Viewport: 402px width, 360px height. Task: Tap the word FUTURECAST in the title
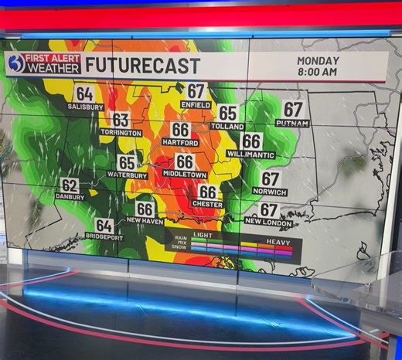click(142, 66)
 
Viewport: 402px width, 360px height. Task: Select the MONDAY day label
click(317, 60)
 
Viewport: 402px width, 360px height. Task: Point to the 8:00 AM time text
click(317, 72)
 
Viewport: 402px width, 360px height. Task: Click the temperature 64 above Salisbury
click(84, 94)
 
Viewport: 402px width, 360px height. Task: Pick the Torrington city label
click(121, 133)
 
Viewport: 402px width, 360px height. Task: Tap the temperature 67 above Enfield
click(196, 91)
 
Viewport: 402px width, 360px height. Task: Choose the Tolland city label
click(227, 126)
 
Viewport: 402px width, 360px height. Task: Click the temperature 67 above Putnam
click(293, 110)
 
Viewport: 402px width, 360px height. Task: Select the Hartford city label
click(180, 143)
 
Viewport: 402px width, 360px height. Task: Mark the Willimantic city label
click(251, 155)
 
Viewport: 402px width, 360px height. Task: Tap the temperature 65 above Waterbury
click(127, 162)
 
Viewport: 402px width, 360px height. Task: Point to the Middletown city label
click(185, 175)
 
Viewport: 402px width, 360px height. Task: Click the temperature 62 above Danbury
click(70, 185)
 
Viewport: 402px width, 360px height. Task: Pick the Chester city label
click(207, 205)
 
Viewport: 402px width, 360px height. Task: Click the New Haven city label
click(145, 221)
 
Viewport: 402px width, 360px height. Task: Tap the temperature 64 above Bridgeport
click(104, 226)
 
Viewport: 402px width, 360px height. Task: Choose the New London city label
click(268, 222)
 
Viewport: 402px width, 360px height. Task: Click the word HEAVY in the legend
click(278, 241)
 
